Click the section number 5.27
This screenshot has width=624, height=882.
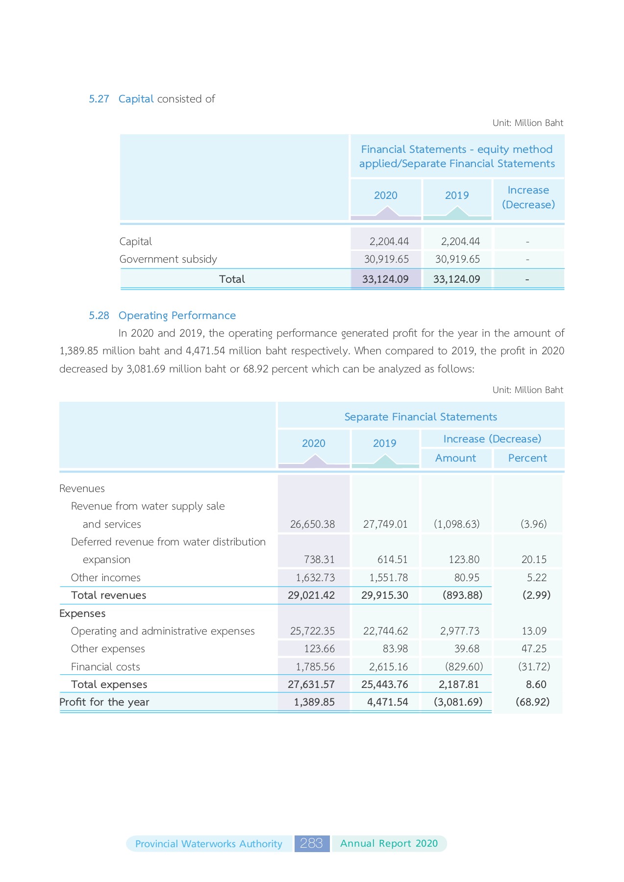[x=99, y=99]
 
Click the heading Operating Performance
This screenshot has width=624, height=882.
[x=177, y=316]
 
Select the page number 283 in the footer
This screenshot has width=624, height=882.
[x=312, y=843]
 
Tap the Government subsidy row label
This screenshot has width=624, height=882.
[x=168, y=259]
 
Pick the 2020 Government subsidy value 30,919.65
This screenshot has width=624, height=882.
[x=386, y=259]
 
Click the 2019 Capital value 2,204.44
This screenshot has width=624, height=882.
[x=460, y=242]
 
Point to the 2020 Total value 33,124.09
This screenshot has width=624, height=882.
[x=385, y=279]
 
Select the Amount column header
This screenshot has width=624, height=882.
[x=455, y=458]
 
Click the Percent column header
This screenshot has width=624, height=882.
[x=527, y=458]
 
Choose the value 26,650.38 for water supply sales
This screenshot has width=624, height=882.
[x=312, y=524]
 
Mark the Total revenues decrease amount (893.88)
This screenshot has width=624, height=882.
[x=462, y=595]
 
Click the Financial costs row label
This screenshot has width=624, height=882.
[x=105, y=667]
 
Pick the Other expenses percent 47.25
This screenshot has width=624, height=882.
[x=534, y=649]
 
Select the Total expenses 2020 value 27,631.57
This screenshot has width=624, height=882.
[x=311, y=685]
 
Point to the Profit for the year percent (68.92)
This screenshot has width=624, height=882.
[x=532, y=702]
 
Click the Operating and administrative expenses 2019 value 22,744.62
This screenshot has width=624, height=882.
[x=385, y=631]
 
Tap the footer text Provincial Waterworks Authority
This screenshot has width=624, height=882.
[x=209, y=844]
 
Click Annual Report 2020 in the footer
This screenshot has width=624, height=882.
[x=389, y=843]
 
